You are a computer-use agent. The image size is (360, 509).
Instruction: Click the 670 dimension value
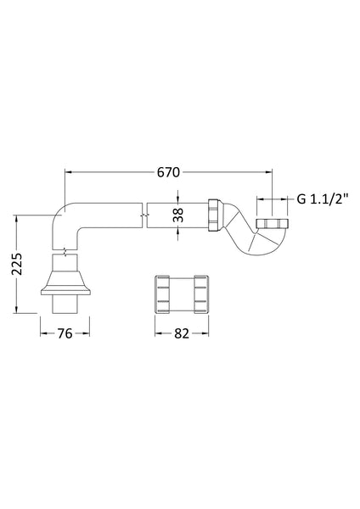click(x=168, y=172)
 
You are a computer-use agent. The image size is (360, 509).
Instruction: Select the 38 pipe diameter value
click(x=177, y=215)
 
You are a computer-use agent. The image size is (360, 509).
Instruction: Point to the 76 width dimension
click(x=65, y=333)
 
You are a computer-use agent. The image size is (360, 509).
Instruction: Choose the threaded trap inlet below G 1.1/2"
click(x=274, y=224)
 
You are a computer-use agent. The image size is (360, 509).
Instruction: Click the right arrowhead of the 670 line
click(x=269, y=172)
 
